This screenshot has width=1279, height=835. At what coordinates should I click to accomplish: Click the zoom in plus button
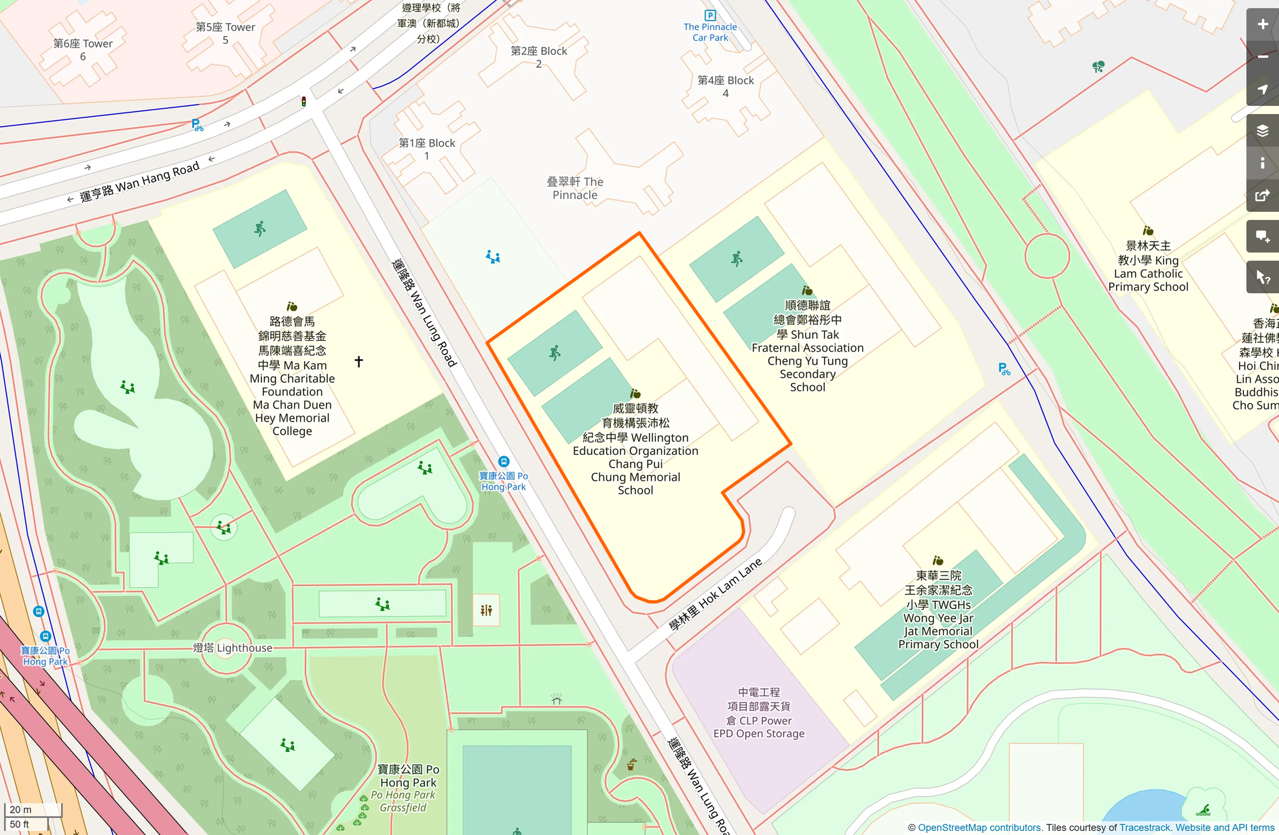click(x=1262, y=24)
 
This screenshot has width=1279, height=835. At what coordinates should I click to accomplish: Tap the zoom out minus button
click(x=1262, y=57)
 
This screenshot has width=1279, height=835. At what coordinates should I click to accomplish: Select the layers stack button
click(x=1262, y=130)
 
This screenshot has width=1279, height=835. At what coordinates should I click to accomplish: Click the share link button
click(x=1262, y=196)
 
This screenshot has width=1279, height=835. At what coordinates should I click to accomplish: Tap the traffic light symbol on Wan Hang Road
click(x=303, y=102)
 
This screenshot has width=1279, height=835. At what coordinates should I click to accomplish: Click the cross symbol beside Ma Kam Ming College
click(x=358, y=361)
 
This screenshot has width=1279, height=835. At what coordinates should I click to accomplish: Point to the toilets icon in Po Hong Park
click(x=486, y=610)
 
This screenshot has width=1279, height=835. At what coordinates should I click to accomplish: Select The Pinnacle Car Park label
click(x=710, y=32)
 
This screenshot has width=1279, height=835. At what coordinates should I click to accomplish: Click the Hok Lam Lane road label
click(x=716, y=595)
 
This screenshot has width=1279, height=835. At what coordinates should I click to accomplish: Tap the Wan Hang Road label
click(x=140, y=182)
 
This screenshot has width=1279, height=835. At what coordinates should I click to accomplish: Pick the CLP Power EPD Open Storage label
click(x=759, y=713)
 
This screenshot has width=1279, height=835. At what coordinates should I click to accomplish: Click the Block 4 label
click(x=726, y=86)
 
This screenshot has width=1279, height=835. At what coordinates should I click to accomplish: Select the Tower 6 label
click(x=83, y=50)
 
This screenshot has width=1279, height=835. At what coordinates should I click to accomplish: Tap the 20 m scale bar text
click(x=20, y=809)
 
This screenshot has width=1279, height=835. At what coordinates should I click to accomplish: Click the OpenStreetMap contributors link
click(x=979, y=828)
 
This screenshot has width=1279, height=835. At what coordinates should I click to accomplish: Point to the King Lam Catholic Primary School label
click(x=1148, y=266)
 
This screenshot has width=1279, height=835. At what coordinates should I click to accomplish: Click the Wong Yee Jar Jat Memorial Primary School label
click(x=938, y=610)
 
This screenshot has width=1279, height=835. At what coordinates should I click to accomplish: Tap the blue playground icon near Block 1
click(x=493, y=257)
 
